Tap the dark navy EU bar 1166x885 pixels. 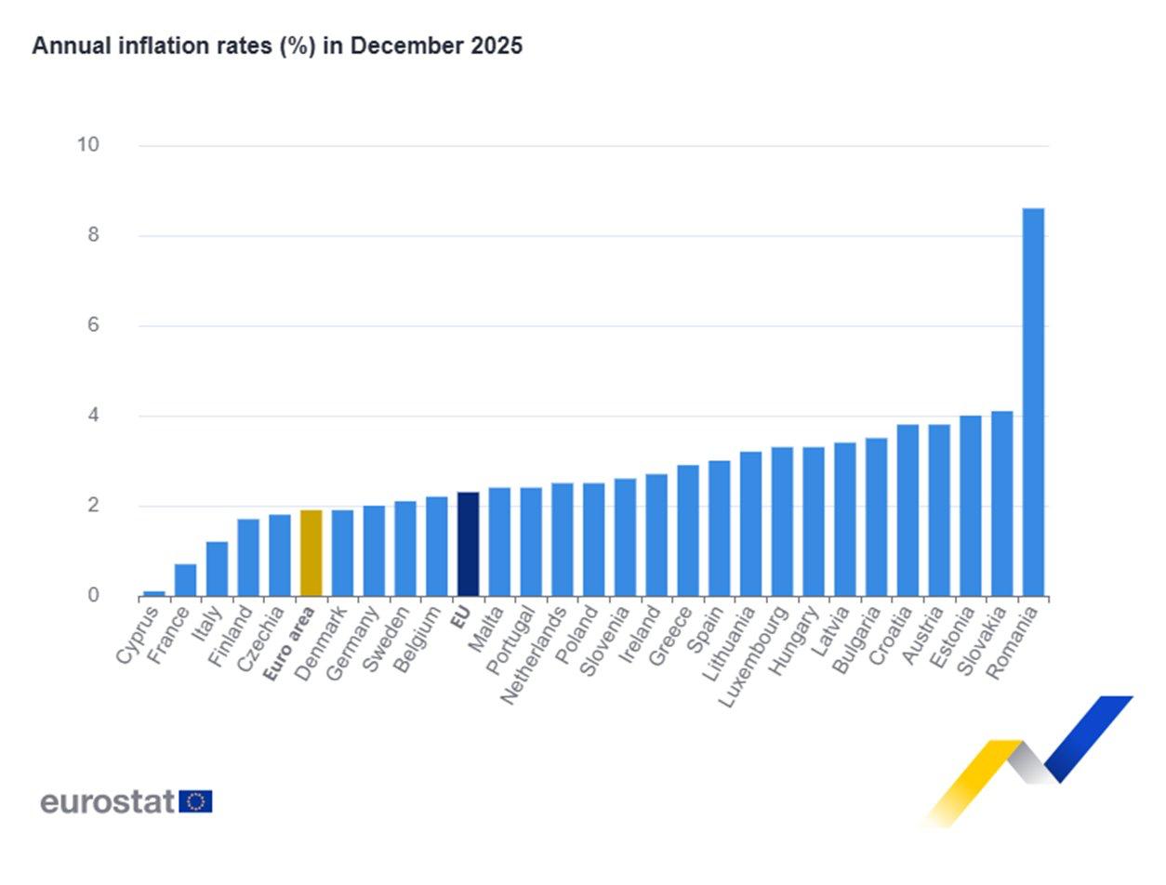(468, 545)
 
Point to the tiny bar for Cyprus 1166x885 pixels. (154, 593)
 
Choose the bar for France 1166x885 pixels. (185, 580)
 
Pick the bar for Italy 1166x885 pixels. (217, 569)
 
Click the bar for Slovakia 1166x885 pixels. (1001, 504)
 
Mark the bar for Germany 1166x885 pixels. (374, 551)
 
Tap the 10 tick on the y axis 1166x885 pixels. (87, 145)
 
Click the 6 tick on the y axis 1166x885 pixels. (93, 325)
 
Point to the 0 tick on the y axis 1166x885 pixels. (93, 595)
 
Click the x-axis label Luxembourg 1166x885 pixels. (754, 654)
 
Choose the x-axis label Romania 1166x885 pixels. (1014, 642)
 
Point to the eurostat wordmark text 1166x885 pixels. (107, 801)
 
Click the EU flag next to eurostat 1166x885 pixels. (195, 801)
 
